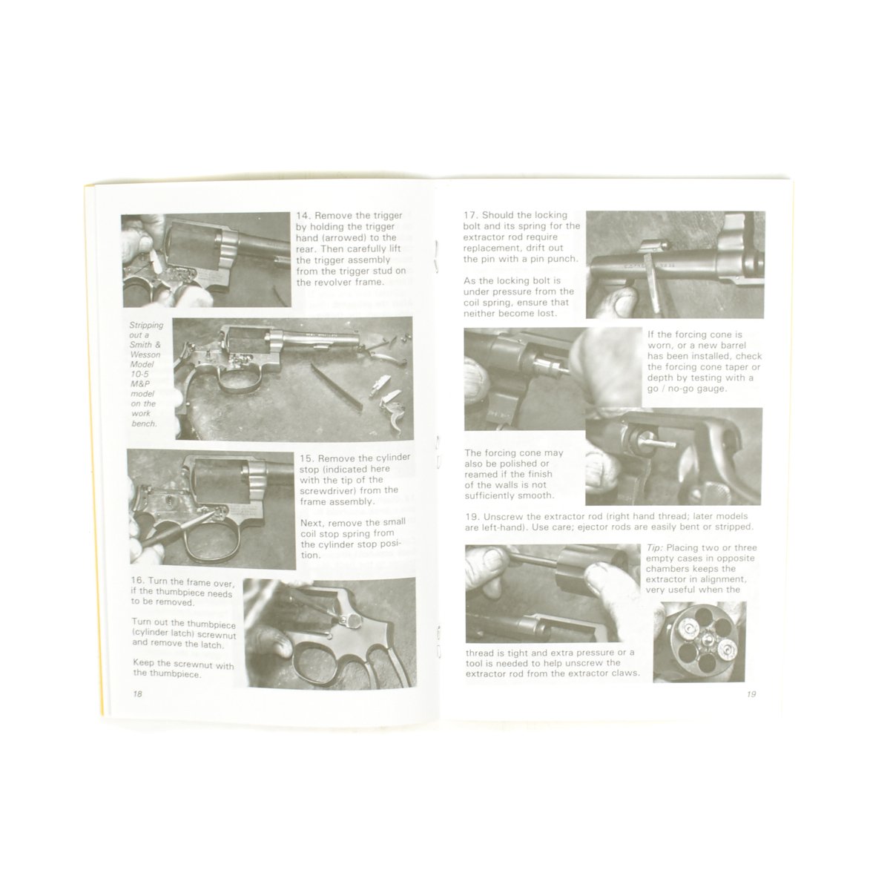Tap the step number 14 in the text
tap(303, 216)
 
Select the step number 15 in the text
tap(306, 458)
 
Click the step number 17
tap(470, 215)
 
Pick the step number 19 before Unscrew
tap(472, 516)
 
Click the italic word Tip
tap(654, 548)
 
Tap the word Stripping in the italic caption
tap(146, 325)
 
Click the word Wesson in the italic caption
tap(145, 355)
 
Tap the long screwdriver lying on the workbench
tap(336, 386)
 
